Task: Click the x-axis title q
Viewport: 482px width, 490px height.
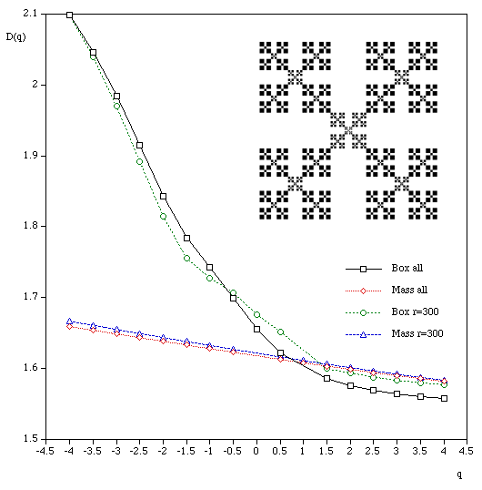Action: (460, 474)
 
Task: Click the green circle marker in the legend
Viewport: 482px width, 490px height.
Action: (361, 312)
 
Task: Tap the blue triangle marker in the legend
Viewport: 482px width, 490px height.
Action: (361, 334)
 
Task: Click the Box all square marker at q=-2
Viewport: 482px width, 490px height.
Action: (163, 196)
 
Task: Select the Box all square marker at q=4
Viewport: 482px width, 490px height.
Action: (444, 398)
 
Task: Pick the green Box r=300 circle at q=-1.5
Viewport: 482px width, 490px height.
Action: (186, 258)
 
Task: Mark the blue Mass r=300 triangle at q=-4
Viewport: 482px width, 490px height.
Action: (70, 322)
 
